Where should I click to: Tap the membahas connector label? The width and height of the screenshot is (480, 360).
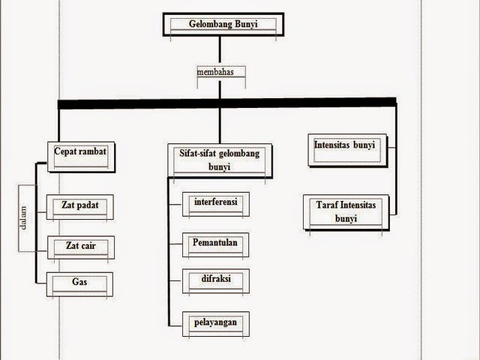pyautogui.click(x=219, y=73)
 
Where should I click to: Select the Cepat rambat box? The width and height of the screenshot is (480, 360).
pyautogui.click(x=80, y=152)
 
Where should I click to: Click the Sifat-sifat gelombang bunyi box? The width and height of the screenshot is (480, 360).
pyautogui.click(x=219, y=160)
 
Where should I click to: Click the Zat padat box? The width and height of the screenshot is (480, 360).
pyautogui.click(x=80, y=206)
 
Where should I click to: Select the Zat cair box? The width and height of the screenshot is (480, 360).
pyautogui.click(x=80, y=247)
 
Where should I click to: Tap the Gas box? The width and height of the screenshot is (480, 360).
pyautogui.click(x=80, y=284)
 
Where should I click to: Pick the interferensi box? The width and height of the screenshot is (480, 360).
pyautogui.click(x=216, y=204)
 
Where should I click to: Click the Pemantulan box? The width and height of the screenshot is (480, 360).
pyautogui.click(x=216, y=244)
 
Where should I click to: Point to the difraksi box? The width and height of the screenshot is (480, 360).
pyautogui.click(x=216, y=279)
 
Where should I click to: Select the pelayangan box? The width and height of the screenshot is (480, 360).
pyautogui.click(x=216, y=323)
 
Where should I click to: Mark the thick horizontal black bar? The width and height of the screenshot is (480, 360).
pyautogui.click(x=227, y=102)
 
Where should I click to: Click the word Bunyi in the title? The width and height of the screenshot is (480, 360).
pyautogui.click(x=241, y=22)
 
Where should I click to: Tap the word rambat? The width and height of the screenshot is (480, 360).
pyautogui.click(x=94, y=150)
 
